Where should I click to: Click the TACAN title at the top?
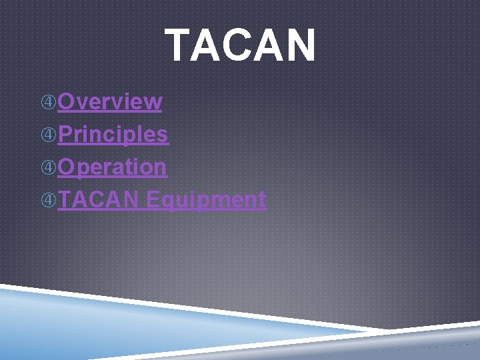[241, 45]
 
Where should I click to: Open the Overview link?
[109, 101]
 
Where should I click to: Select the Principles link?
[113, 134]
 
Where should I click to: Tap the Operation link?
[112, 167]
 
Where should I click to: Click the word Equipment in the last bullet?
[206, 199]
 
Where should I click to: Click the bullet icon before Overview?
[49, 102]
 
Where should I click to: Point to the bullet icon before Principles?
[49, 135]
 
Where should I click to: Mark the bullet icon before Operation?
[49, 167]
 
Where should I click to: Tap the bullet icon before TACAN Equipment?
[49, 199]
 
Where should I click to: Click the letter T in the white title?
[179, 45]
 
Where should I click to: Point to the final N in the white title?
[300, 45]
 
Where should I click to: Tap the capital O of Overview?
[67, 101]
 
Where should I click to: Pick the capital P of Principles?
[66, 134]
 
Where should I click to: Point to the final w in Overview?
[153, 102]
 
